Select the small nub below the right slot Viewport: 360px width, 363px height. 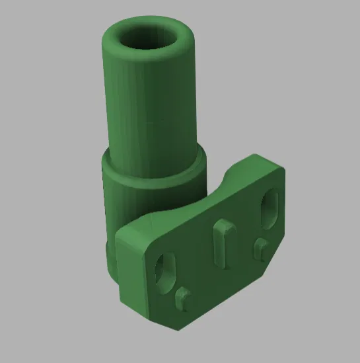(x=260, y=248)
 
